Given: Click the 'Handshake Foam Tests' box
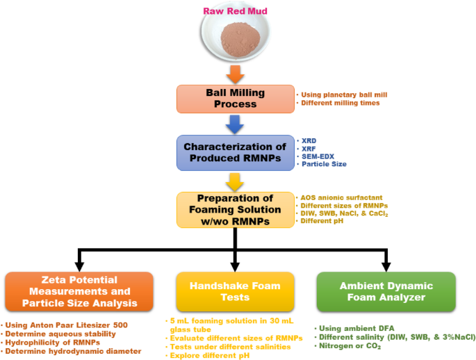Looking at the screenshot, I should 236,291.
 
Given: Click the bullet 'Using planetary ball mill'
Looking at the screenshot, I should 338,95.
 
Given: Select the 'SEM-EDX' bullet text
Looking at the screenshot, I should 318,156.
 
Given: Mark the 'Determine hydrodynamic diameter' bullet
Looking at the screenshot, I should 74,351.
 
